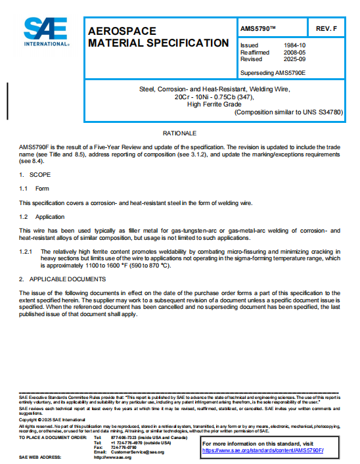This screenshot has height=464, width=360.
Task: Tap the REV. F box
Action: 326,29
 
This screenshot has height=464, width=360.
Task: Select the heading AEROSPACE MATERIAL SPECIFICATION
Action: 158,37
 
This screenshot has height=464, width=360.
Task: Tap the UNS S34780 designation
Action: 322,112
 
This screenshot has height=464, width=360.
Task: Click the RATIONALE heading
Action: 179,133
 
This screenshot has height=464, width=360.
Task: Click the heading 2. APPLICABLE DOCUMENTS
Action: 62,279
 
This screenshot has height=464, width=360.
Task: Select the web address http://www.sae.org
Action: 113,457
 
